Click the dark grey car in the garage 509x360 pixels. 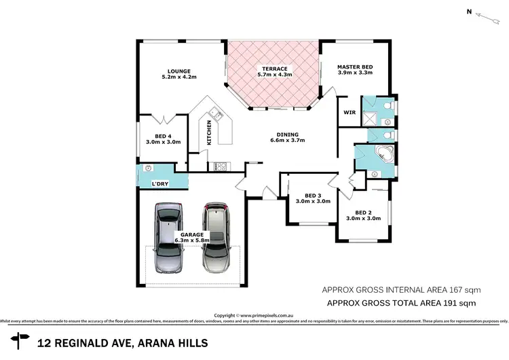(x=167, y=238)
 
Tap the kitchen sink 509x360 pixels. (x=213, y=113)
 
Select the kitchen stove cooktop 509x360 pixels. (x=221, y=165)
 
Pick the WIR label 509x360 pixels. (x=350, y=112)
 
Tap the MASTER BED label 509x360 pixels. (x=355, y=67)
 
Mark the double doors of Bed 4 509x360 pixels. (x=162, y=120)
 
